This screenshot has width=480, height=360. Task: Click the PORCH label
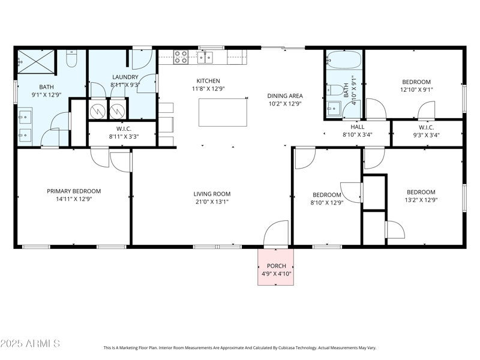pos(276,266)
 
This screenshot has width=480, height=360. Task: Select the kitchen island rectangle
pos(223,112)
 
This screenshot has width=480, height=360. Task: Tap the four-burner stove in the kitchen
pos(181,57)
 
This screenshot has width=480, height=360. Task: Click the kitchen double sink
pos(205,57)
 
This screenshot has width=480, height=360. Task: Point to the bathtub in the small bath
pos(344,61)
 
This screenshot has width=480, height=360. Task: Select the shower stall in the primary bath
pos(36,61)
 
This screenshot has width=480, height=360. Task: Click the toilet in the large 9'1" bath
pos(71,59)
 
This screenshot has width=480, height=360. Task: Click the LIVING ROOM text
pos(212,194)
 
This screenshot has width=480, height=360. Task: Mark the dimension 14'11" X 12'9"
pos(74,200)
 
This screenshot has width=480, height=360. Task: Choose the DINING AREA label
pos(284,95)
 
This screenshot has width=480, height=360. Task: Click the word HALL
pos(357,127)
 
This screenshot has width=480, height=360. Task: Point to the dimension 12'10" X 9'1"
pos(416,90)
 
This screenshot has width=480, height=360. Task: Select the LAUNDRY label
pos(125,77)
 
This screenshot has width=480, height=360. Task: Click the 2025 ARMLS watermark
pos(30,344)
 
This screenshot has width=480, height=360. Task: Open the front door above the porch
pos(276,234)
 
